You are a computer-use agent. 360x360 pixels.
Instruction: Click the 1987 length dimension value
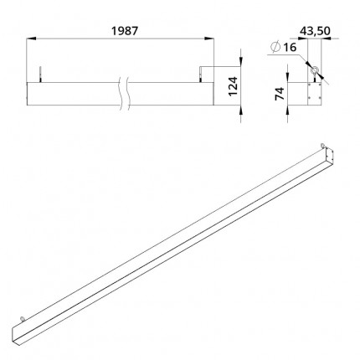125,31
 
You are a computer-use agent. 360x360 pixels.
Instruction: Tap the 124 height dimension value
233,86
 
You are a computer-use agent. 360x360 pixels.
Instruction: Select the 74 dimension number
280,94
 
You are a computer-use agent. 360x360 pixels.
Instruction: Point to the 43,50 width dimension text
315,31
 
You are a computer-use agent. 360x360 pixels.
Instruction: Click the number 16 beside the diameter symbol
290,48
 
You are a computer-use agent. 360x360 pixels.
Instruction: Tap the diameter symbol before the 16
275,47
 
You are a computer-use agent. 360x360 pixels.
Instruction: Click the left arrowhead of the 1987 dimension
32,39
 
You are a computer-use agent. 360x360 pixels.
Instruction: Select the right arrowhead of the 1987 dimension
208,39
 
